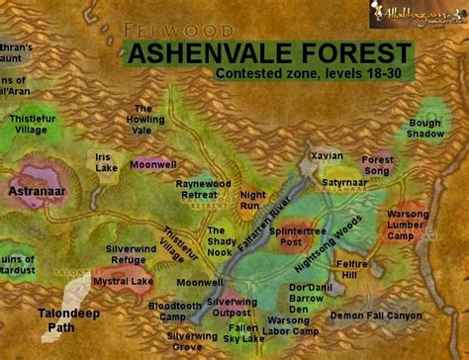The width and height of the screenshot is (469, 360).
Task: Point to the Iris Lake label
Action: [x=107, y=162]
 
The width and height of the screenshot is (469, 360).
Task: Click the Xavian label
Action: [x=327, y=156]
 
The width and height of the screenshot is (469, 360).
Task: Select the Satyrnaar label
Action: [x=343, y=182]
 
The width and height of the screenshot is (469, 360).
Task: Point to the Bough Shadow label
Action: [x=424, y=130]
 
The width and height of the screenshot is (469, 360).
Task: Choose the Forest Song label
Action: [x=377, y=165]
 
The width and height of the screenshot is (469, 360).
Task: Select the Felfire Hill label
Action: [x=353, y=271]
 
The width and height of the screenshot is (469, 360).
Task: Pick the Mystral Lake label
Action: [x=125, y=280]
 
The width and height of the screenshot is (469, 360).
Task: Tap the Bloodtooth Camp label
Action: [x=174, y=312]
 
